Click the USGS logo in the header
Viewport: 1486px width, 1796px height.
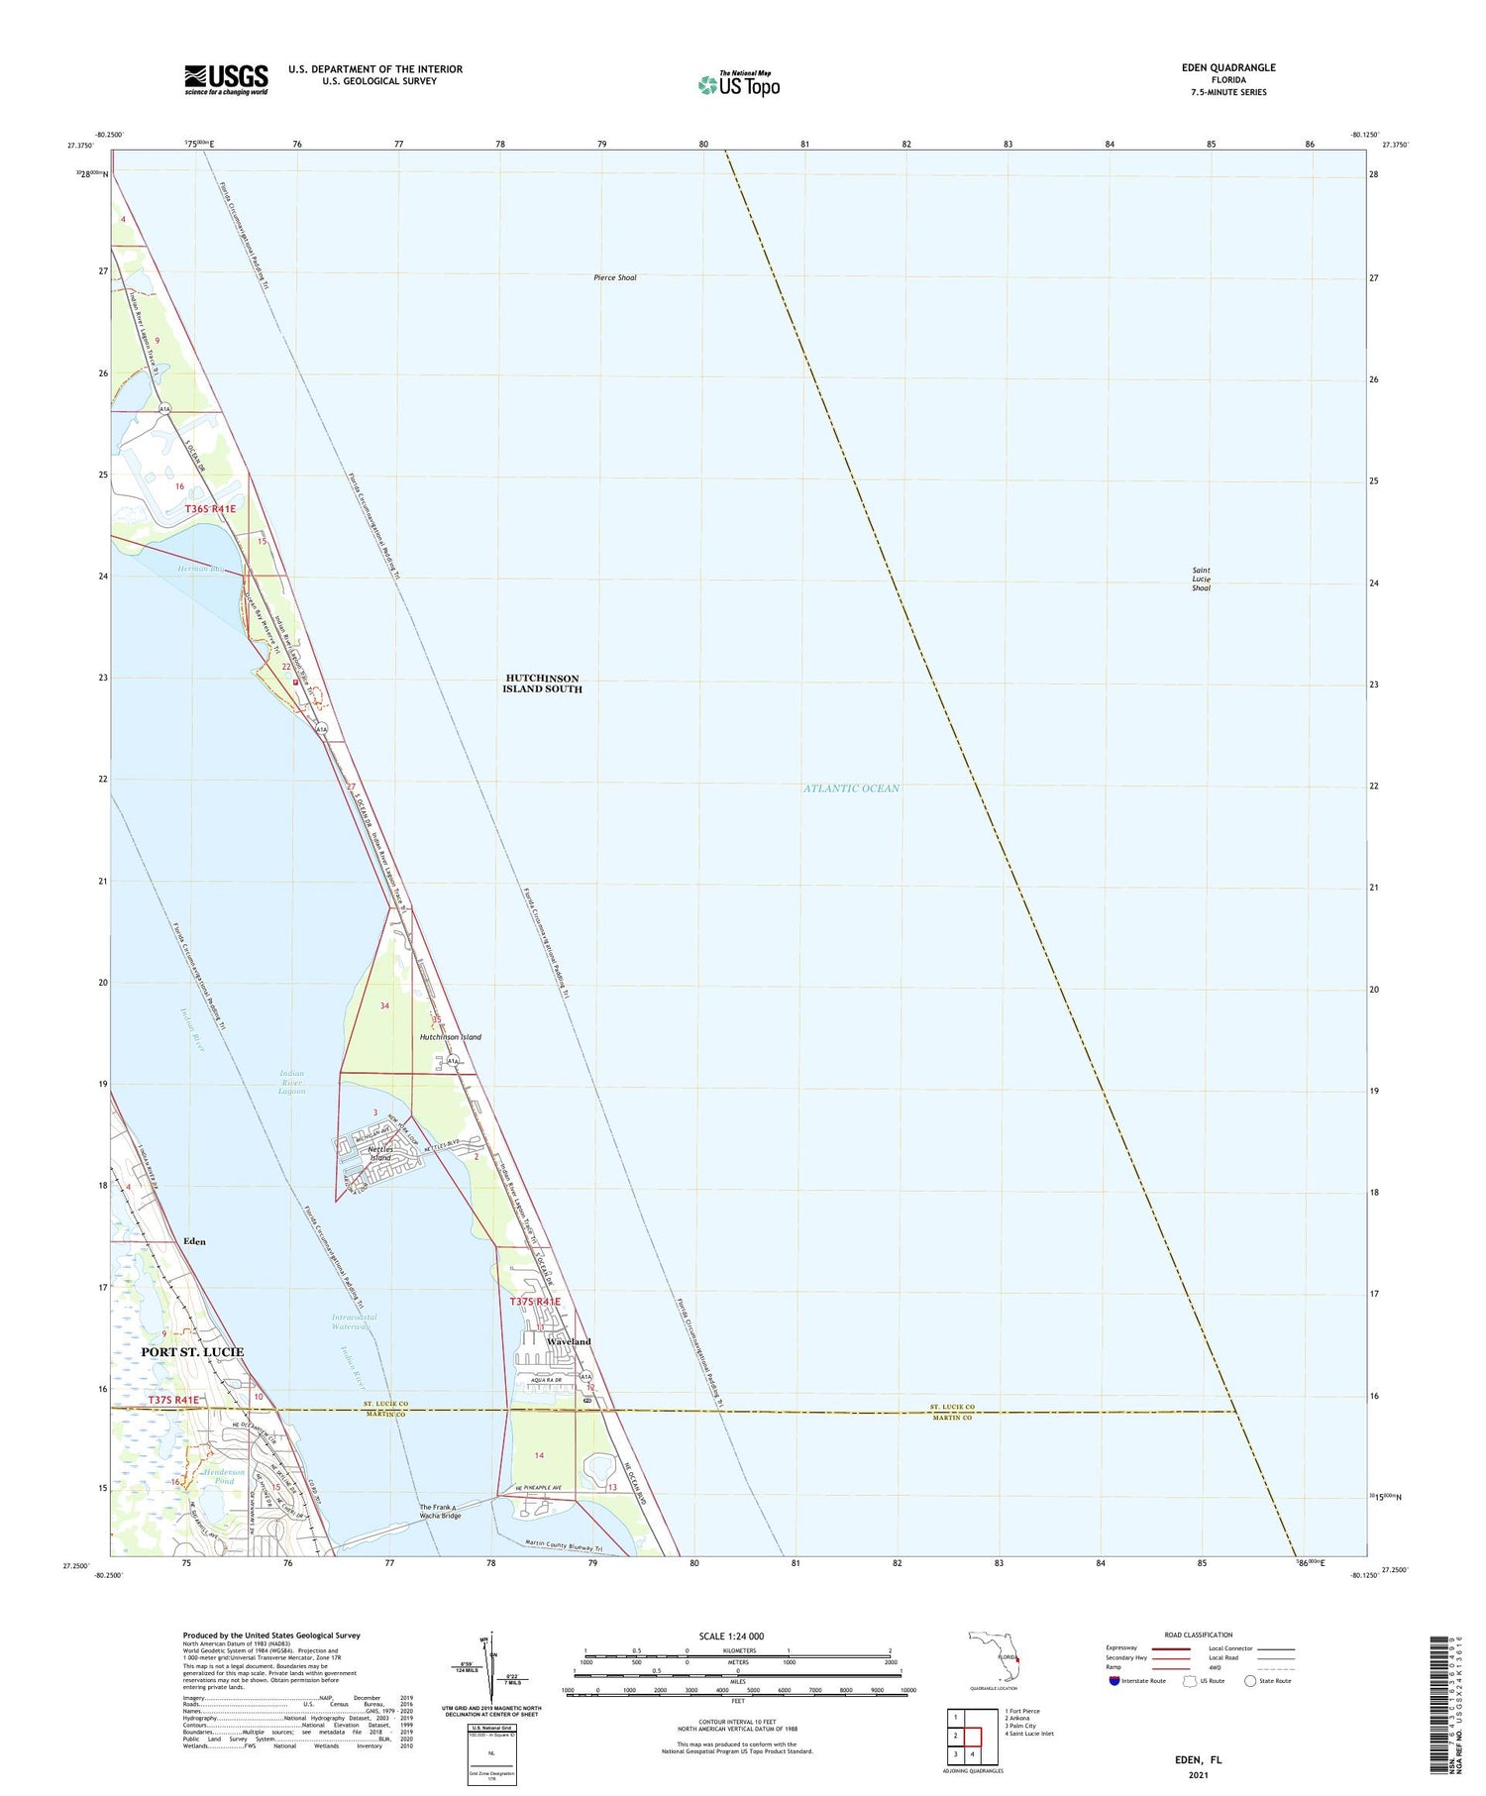(x=226, y=79)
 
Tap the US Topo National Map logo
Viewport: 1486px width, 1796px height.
(x=738, y=84)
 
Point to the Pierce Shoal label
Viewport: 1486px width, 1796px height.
(x=614, y=277)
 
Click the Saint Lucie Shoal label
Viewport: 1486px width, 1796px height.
(x=1201, y=579)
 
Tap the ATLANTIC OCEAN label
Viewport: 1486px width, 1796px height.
(x=852, y=789)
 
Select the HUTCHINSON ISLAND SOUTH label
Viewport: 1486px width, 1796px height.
(x=542, y=684)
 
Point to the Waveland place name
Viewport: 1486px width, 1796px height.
(x=569, y=1341)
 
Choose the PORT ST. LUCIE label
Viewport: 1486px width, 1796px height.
(x=192, y=1351)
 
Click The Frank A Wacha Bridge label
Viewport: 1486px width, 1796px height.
(x=440, y=1512)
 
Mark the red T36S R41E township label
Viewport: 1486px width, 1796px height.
(x=211, y=508)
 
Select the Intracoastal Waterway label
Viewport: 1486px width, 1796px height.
(x=354, y=1321)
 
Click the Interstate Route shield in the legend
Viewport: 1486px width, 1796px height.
(x=1114, y=1681)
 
